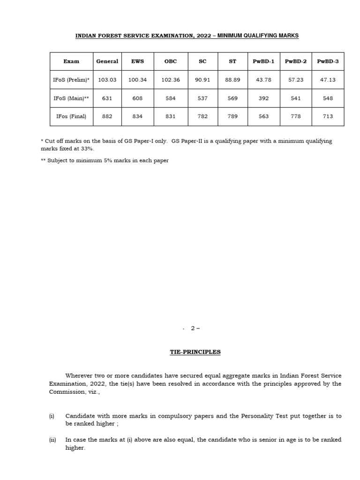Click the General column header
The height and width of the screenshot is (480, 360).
[x=107, y=61]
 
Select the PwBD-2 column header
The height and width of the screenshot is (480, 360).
[x=296, y=61]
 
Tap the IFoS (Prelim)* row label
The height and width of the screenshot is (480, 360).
[x=71, y=80]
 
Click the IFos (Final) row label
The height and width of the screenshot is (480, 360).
[x=71, y=116]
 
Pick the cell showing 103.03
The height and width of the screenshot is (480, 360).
[x=107, y=80]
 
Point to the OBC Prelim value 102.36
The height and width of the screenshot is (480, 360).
[x=171, y=80]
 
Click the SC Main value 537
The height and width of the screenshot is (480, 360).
[x=202, y=98]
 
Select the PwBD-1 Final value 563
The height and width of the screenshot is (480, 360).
[x=264, y=116]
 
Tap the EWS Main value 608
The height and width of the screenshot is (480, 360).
[x=137, y=98]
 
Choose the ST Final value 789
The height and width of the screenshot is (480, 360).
[x=232, y=116]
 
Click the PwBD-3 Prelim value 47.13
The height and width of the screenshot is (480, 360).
[x=328, y=80]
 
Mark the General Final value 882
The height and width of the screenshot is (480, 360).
[x=107, y=116]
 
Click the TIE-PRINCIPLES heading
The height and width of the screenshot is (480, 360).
[x=195, y=352]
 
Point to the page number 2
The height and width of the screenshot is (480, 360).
[x=193, y=328]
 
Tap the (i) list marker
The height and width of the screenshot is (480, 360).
[x=52, y=416]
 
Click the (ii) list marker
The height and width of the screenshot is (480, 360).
[x=52, y=440]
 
